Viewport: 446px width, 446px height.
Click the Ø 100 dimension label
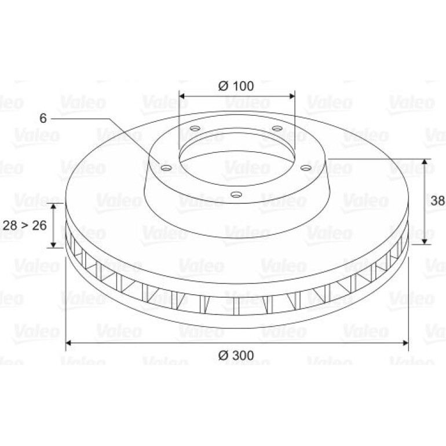click(x=236, y=86)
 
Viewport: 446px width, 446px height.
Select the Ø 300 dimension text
click(x=236, y=355)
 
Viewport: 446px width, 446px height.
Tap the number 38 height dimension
click(x=438, y=200)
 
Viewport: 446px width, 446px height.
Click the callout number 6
click(x=43, y=118)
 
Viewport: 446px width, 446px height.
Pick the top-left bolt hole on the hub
click(x=195, y=128)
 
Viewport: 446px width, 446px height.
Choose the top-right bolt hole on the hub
click(x=277, y=128)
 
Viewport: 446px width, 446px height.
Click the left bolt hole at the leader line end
click(x=166, y=168)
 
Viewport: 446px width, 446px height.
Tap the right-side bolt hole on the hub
click(x=306, y=168)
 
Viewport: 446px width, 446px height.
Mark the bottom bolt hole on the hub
click(x=236, y=195)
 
